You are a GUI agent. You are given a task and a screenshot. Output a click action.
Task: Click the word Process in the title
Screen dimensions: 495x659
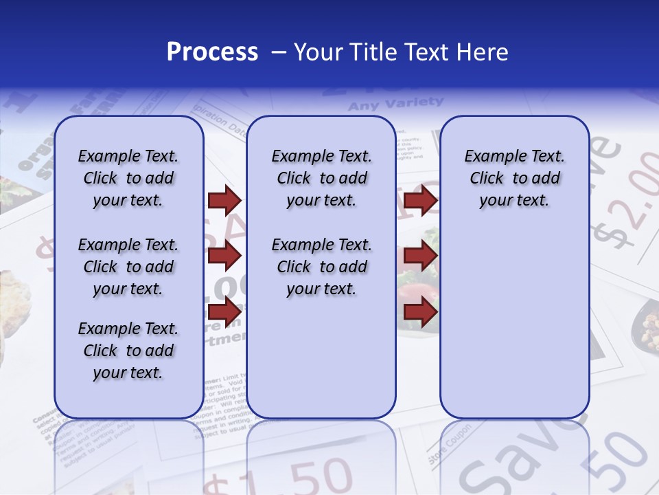point(211,52)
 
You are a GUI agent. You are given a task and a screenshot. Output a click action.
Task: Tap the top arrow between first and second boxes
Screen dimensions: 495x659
point(224,201)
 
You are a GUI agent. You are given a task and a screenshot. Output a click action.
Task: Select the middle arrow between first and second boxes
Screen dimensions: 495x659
point(224,256)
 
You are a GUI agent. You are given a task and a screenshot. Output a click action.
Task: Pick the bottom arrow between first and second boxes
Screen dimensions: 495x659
point(224,311)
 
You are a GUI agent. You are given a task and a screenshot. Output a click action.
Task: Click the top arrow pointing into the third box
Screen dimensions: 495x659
point(420,201)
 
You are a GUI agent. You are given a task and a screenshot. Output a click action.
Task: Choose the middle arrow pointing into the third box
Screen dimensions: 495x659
point(420,256)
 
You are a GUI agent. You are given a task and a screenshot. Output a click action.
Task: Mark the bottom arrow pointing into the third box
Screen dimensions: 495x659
point(420,311)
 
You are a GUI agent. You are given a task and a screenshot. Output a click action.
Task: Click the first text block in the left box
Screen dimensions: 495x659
point(128,178)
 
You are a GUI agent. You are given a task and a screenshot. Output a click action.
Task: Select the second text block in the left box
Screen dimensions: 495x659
point(128,267)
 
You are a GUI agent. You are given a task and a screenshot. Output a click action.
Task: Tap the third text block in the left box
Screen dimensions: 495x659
point(128,351)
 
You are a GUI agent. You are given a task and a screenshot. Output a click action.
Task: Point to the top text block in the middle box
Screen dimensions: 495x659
point(321,178)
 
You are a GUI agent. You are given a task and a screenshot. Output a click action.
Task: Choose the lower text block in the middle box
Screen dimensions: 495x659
point(321,267)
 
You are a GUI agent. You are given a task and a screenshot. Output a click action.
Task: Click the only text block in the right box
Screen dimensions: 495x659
point(514,178)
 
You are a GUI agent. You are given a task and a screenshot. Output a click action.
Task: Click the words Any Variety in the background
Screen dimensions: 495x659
point(395,104)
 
